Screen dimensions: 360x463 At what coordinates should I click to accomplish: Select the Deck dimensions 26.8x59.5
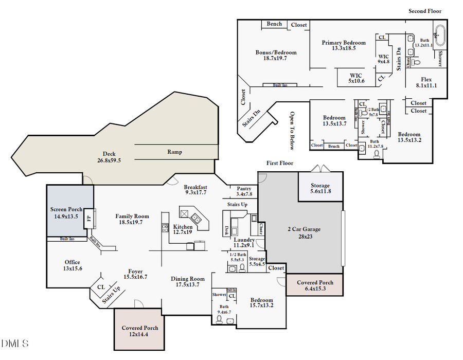click(x=109, y=160)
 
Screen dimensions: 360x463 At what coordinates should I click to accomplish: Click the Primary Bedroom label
click(x=344, y=43)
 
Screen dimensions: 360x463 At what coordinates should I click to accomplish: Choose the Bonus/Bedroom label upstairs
click(x=276, y=52)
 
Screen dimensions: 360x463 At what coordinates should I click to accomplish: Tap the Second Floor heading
click(x=424, y=11)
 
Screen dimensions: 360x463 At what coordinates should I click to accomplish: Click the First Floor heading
click(x=279, y=163)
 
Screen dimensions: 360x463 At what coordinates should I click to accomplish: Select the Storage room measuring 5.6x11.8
click(x=319, y=186)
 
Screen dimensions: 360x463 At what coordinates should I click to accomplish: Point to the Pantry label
click(x=243, y=188)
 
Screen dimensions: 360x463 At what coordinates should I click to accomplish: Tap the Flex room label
click(x=426, y=79)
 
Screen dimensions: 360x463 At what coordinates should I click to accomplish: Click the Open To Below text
click(x=292, y=131)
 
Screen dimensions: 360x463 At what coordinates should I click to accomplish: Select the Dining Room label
click(x=187, y=279)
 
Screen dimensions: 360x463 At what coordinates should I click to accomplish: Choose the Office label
click(x=72, y=262)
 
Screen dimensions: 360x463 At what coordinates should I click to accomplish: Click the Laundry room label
click(x=244, y=240)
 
